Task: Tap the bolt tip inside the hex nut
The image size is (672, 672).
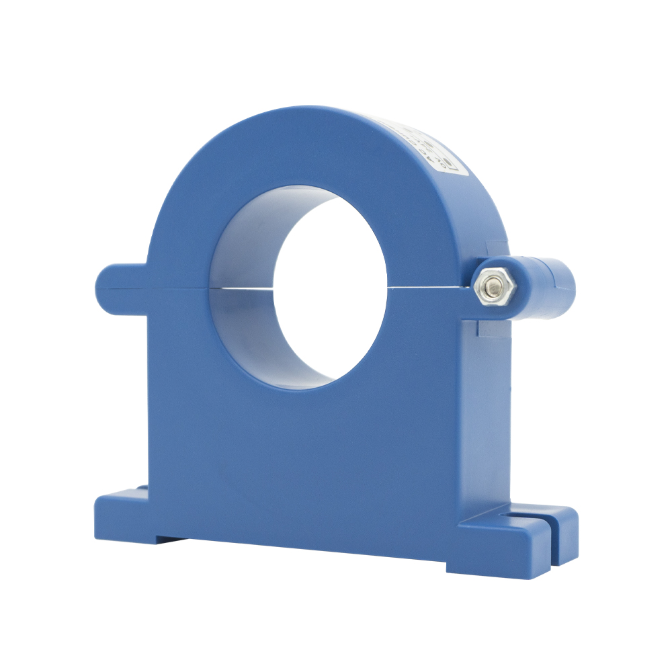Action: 495,287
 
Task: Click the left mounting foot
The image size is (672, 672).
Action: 121,514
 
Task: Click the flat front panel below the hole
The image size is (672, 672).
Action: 302,457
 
